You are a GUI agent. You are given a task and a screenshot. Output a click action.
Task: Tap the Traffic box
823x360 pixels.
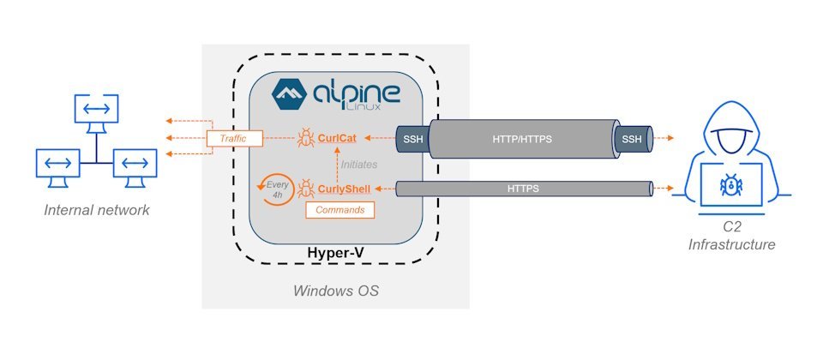[233, 138]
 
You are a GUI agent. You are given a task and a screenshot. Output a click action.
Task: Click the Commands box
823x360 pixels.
[340, 209]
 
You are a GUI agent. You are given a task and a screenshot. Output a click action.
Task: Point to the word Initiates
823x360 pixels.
[358, 163]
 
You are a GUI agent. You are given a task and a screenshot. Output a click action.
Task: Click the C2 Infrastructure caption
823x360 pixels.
[731, 237]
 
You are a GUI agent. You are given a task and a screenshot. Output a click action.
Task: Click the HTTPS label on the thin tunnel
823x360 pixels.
[523, 188]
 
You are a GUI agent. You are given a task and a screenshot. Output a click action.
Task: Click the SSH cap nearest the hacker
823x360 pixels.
[631, 138]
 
